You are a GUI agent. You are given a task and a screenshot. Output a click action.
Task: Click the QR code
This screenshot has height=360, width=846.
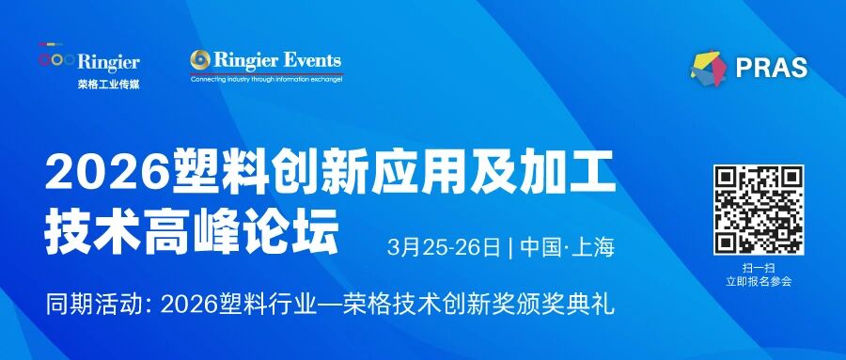tap(759, 210)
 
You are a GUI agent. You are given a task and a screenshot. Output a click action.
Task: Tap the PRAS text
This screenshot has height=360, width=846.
tap(772, 69)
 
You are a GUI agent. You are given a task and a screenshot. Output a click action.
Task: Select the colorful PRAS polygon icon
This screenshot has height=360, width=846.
tap(710, 68)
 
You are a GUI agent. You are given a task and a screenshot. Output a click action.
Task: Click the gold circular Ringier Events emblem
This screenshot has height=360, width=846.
tap(200, 60)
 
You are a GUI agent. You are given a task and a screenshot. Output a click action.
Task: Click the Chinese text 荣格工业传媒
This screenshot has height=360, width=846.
tap(108, 85)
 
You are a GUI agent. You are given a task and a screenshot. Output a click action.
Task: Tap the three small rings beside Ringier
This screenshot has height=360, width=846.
tap(56, 59)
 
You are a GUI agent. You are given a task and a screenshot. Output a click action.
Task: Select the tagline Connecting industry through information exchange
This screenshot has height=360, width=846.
tap(267, 79)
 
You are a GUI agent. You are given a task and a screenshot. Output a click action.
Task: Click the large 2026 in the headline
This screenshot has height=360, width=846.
tap(107, 173)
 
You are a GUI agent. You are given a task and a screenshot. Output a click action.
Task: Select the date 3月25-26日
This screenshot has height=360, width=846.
tap(444, 248)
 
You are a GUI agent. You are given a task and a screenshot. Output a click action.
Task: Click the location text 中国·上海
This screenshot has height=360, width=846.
tap(568, 248)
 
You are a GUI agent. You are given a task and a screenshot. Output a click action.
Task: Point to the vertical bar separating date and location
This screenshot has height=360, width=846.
tap(510, 248)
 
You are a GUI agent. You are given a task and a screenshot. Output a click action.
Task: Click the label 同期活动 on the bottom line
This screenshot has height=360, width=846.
tap(92, 305)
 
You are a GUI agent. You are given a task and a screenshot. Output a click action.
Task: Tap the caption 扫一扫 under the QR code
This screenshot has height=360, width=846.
tap(759, 268)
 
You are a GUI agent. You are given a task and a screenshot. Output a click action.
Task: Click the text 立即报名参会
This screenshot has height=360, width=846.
tap(759, 282)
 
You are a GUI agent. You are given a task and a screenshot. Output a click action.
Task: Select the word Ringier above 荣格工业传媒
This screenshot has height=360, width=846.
tap(108, 62)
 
